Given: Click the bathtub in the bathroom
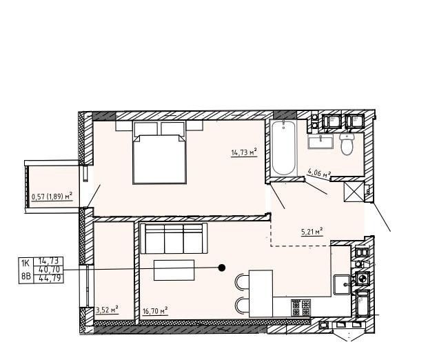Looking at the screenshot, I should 283,149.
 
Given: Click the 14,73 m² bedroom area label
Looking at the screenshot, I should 244,151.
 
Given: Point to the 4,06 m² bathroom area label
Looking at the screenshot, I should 319,174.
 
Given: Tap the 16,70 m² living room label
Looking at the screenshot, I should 155,311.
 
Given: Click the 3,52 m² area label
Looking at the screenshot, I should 106,310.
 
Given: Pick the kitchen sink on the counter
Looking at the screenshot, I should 343,283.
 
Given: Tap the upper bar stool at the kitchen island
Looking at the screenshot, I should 243,281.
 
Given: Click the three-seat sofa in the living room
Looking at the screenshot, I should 173,239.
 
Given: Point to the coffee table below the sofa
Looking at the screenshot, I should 174,270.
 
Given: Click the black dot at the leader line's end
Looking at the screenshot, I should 222,268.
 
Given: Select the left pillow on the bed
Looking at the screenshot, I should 146,129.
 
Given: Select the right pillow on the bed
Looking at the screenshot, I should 173,129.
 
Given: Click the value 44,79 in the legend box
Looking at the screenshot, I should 50,278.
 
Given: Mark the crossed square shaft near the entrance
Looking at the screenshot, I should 356,190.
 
